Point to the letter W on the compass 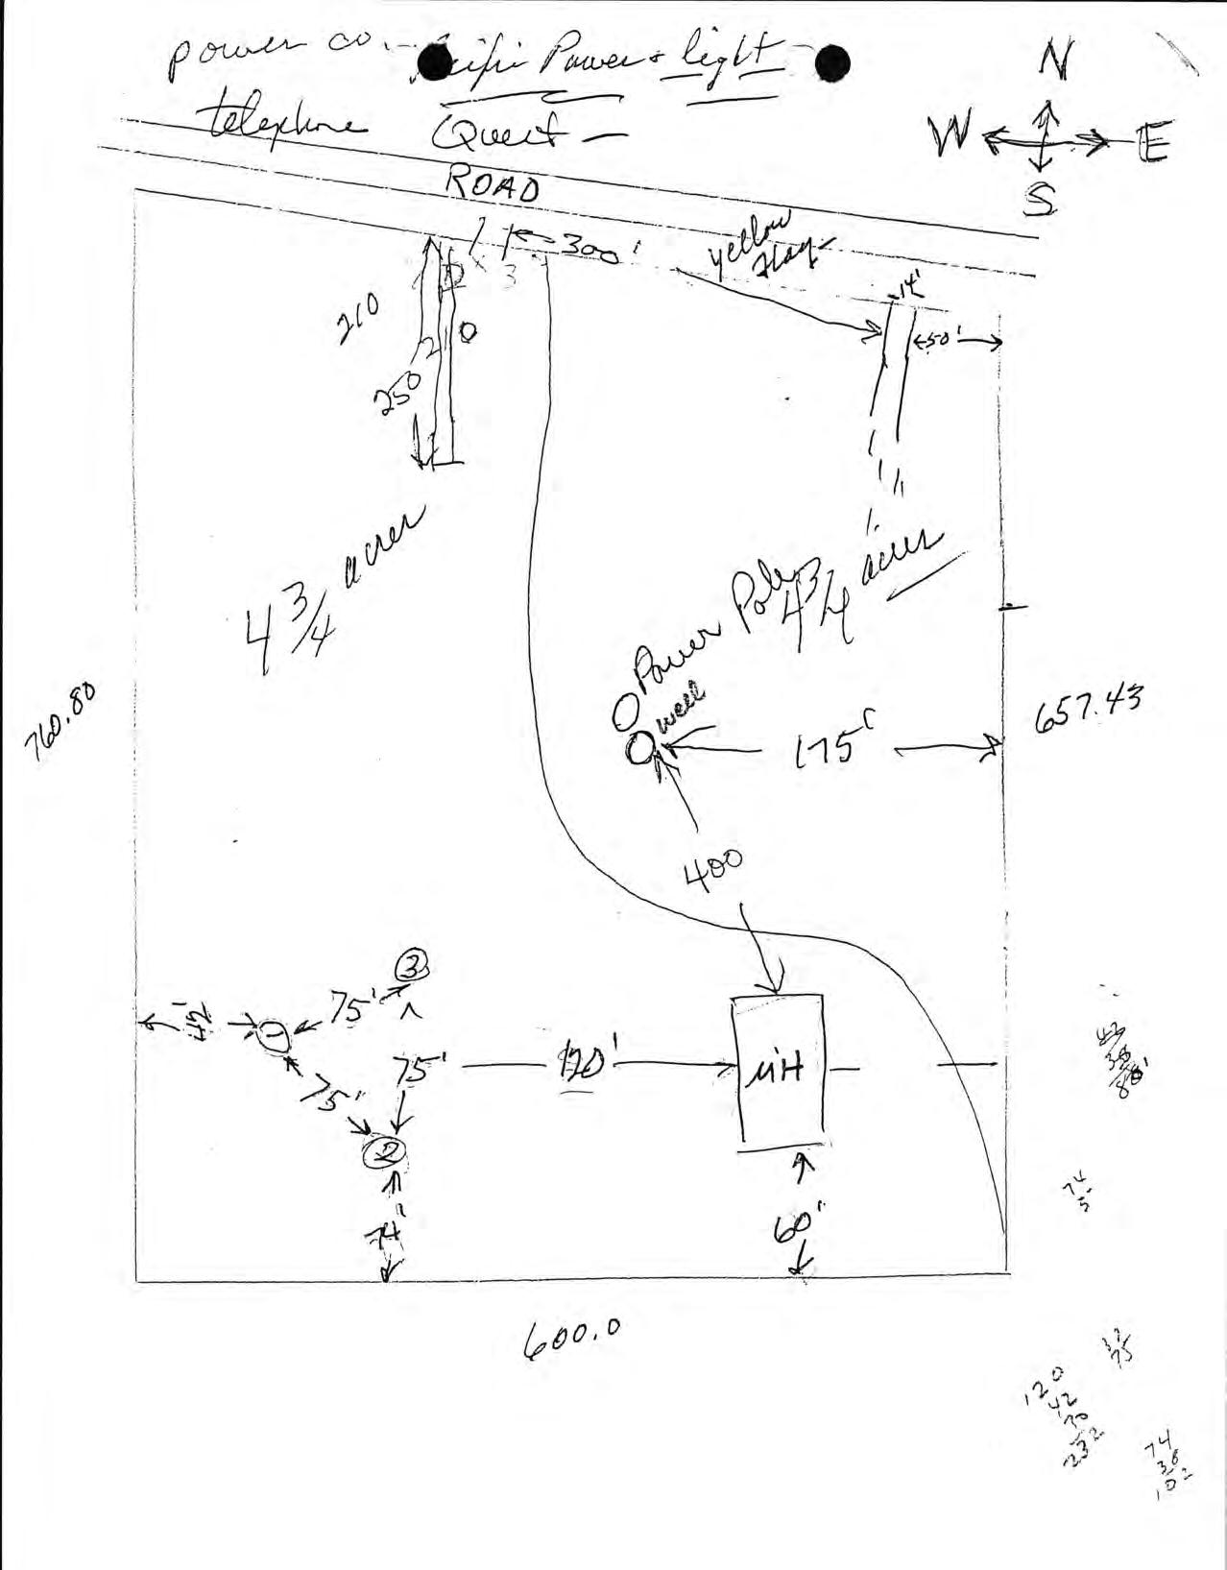click(x=950, y=138)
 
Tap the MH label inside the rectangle click(x=778, y=1070)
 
